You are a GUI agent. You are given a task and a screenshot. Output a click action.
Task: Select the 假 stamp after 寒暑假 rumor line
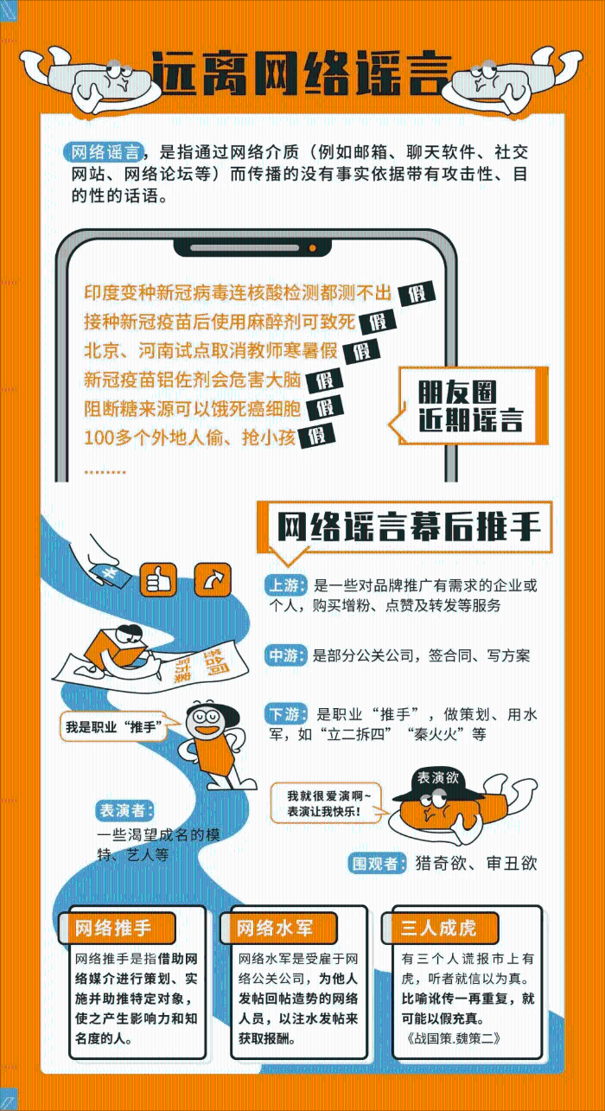361,351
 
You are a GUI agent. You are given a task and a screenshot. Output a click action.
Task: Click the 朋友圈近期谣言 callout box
470,405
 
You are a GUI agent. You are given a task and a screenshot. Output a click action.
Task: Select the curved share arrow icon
210,579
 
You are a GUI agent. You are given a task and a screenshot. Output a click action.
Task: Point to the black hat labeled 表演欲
436,783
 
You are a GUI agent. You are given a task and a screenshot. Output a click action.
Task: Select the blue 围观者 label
377,863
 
